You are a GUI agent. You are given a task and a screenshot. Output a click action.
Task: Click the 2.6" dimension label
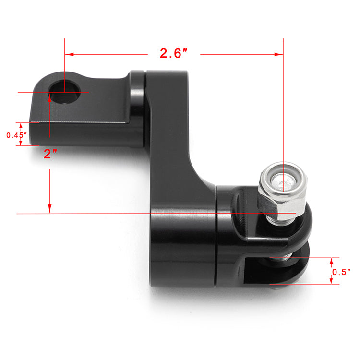pos(173,53)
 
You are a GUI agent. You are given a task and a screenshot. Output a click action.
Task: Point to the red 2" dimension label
pos(50,154)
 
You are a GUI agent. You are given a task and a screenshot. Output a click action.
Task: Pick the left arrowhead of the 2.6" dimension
pos(69,54)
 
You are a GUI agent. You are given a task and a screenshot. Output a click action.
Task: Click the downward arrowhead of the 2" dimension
pos(49,208)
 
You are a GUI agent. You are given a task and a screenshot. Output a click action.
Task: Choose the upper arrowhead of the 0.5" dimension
pos(332,261)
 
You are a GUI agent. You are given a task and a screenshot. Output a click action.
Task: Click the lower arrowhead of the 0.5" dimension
pos(332,281)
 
